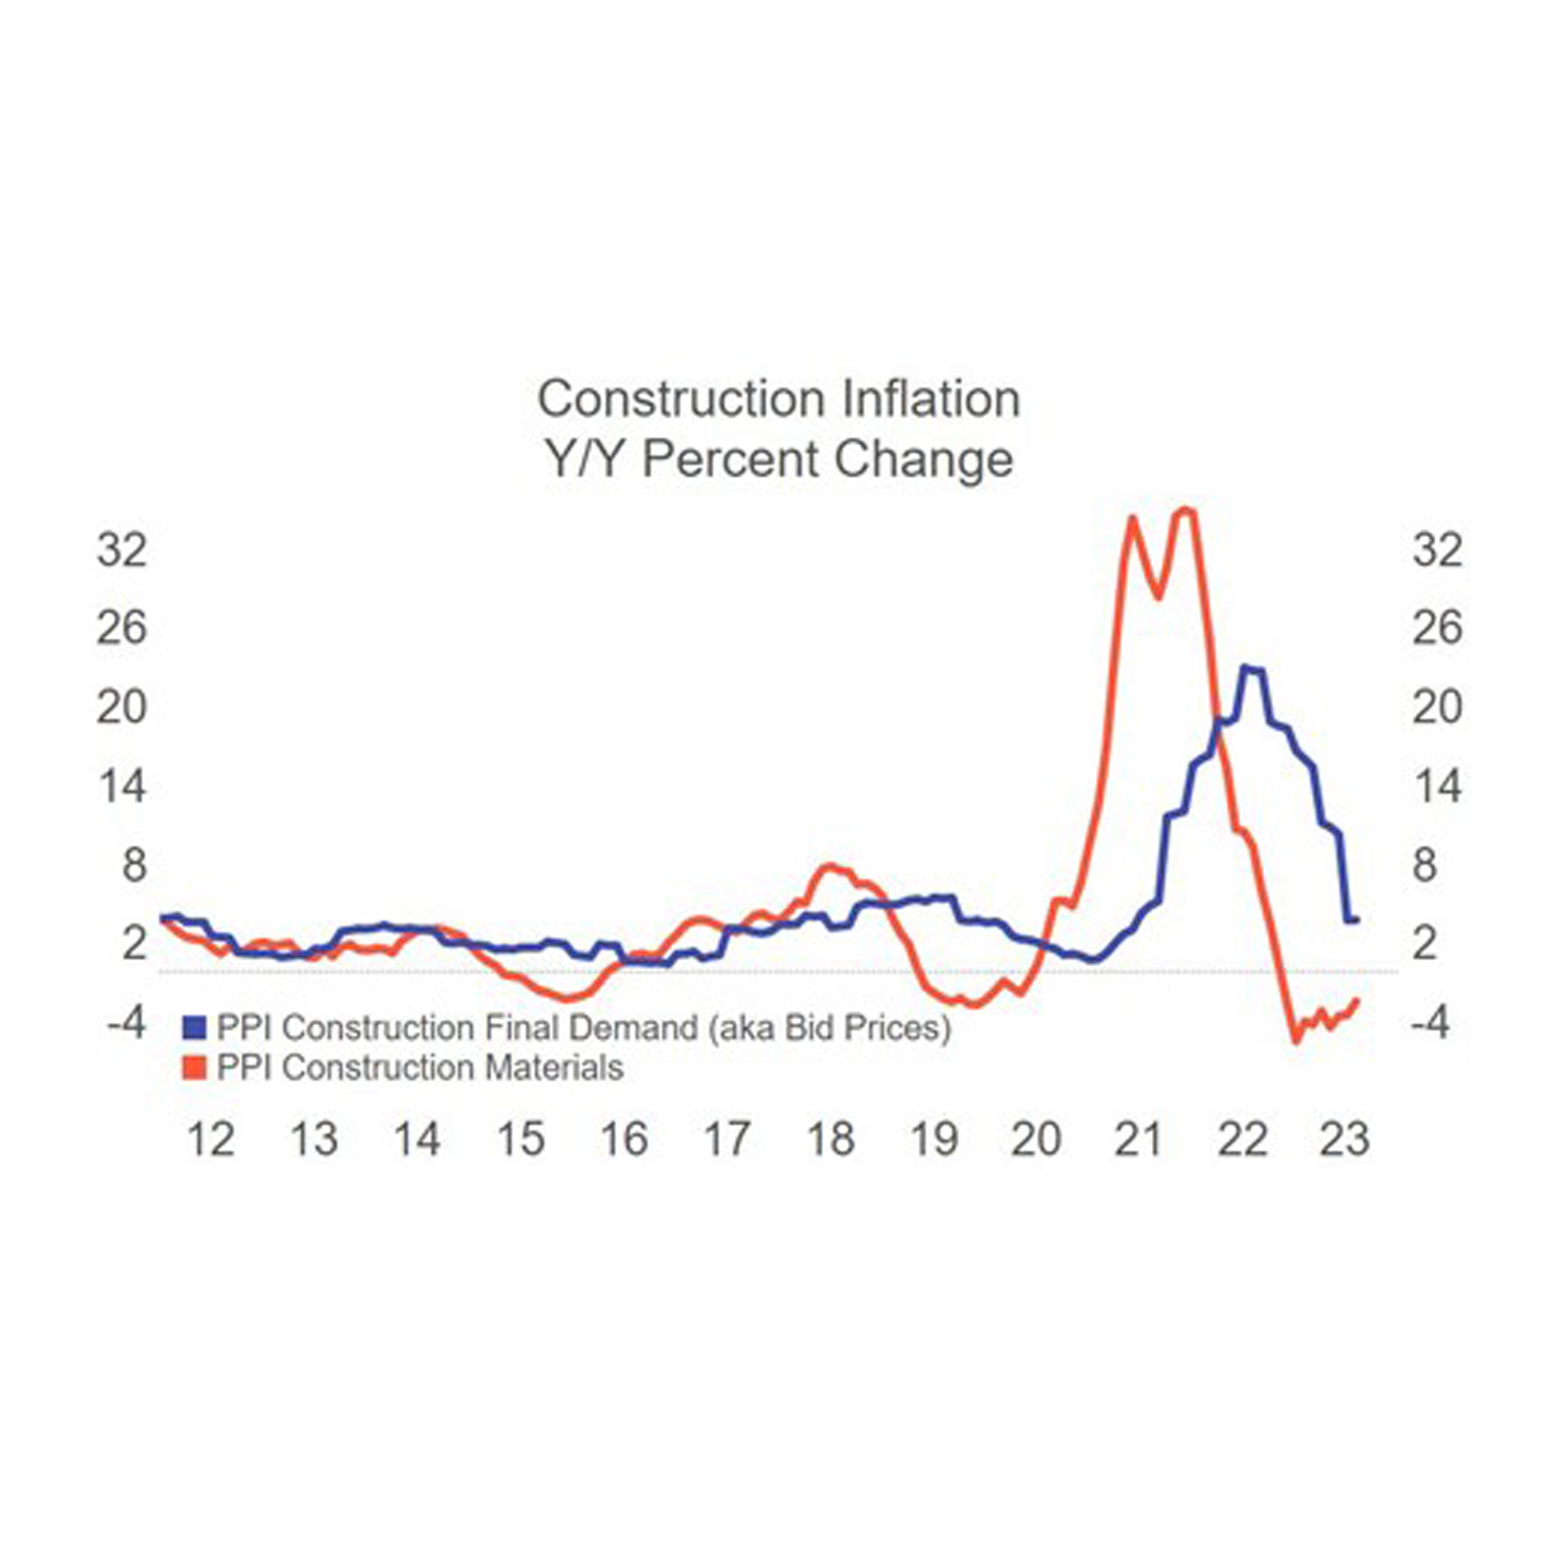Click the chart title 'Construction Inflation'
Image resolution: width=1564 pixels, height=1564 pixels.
(x=779, y=399)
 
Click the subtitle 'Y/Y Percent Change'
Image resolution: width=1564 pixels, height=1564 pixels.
(x=779, y=460)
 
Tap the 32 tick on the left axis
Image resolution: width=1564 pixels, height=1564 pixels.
(x=121, y=549)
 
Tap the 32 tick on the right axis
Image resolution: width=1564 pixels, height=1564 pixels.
(x=1437, y=549)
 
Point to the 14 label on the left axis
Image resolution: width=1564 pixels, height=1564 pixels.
(x=121, y=786)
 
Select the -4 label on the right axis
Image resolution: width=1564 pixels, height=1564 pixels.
(x=1430, y=1023)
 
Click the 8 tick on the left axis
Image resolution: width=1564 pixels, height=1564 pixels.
(x=133, y=865)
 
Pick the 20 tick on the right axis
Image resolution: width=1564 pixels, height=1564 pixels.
(x=1437, y=707)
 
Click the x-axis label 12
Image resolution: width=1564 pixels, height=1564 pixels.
(x=211, y=1139)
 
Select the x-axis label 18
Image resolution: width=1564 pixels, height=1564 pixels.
(x=830, y=1139)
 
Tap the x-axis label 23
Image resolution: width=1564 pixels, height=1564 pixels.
(x=1345, y=1139)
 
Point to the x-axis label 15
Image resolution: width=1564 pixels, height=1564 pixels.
(x=520, y=1139)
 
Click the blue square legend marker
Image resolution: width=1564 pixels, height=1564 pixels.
(x=195, y=1028)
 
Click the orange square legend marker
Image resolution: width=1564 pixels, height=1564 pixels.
(x=195, y=1068)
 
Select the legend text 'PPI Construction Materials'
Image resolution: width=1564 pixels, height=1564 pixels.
(x=420, y=1068)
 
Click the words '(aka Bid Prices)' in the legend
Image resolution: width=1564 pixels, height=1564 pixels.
(x=829, y=1028)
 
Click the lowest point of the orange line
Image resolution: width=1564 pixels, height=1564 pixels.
(x=1295, y=1041)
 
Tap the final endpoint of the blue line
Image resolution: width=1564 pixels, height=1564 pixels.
(x=1355, y=921)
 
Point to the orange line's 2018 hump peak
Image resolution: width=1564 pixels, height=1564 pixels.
(x=830, y=867)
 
